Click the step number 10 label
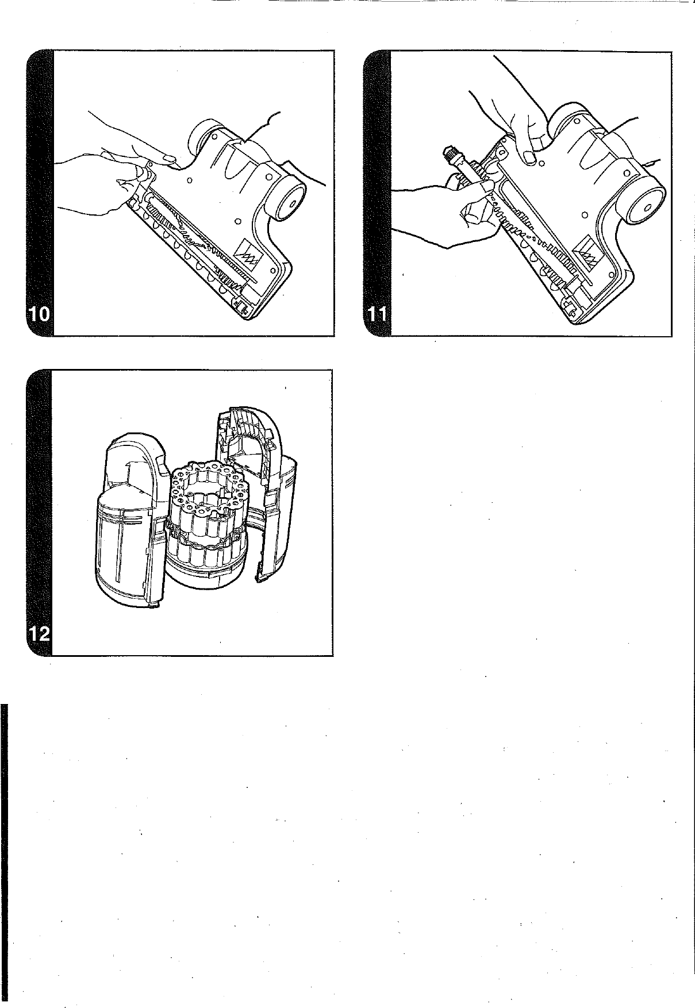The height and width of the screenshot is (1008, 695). pyautogui.click(x=39, y=315)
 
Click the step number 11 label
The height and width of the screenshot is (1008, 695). pyautogui.click(x=377, y=315)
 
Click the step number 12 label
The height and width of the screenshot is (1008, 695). pyautogui.click(x=39, y=635)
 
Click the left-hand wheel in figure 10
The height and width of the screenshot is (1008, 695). pyautogui.click(x=202, y=132)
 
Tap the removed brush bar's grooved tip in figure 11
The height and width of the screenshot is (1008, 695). pyautogui.click(x=447, y=153)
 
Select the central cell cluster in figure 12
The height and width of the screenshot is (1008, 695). pyautogui.click(x=210, y=506)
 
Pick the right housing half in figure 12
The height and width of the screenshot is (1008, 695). pyautogui.click(x=276, y=506)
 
